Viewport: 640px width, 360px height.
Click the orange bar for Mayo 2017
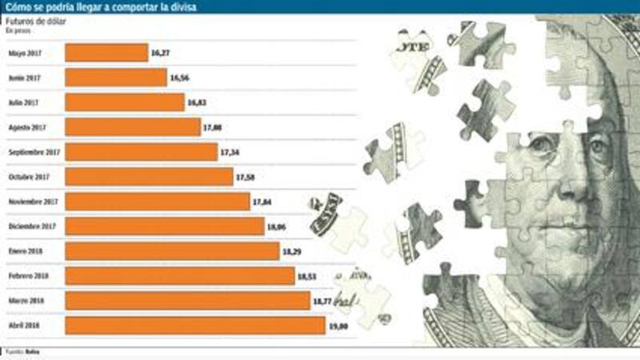click(106, 53)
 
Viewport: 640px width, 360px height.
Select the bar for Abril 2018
click(195, 326)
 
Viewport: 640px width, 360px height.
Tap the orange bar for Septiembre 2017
click(141, 152)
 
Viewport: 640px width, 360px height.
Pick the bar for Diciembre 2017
click(165, 226)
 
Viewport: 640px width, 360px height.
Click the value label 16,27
click(160, 53)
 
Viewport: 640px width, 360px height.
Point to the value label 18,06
click(277, 227)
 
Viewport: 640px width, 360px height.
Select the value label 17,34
click(230, 152)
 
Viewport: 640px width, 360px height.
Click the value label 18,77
click(322, 302)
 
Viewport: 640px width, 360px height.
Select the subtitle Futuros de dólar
click(35, 22)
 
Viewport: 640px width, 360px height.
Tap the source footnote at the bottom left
click(22, 352)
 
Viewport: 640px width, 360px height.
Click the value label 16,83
click(197, 103)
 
